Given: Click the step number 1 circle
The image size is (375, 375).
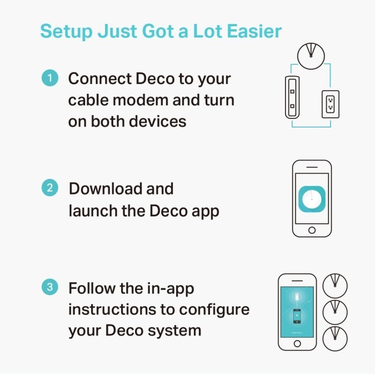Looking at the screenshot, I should [50, 79].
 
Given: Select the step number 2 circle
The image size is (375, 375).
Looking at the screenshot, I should [50, 189].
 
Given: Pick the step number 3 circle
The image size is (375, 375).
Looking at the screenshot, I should [50, 288].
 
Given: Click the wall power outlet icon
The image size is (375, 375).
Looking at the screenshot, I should [330, 103].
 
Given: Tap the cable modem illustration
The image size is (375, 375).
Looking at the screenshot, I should [292, 97].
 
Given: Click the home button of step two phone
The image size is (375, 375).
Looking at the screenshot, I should [312, 230].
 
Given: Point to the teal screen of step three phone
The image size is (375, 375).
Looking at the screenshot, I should [297, 312].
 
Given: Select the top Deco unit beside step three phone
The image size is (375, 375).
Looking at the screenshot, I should [335, 285].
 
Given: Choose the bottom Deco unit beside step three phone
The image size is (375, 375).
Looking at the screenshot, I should [335, 338].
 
